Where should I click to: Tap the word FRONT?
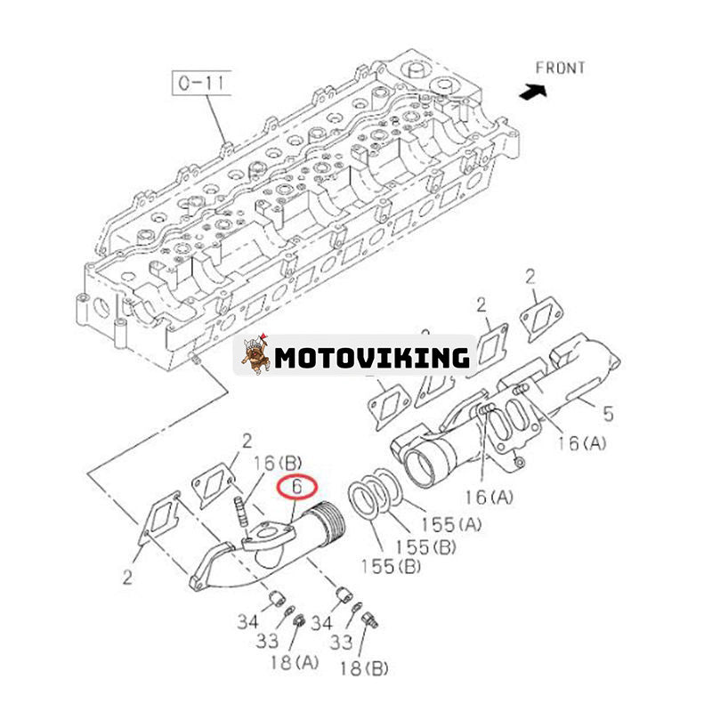pyautogui.click(x=560, y=68)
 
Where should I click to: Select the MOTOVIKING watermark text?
pyautogui.click(x=371, y=358)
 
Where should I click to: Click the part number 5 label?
pyautogui.click(x=608, y=413)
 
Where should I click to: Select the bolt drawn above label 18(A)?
pyautogui.click(x=300, y=618)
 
